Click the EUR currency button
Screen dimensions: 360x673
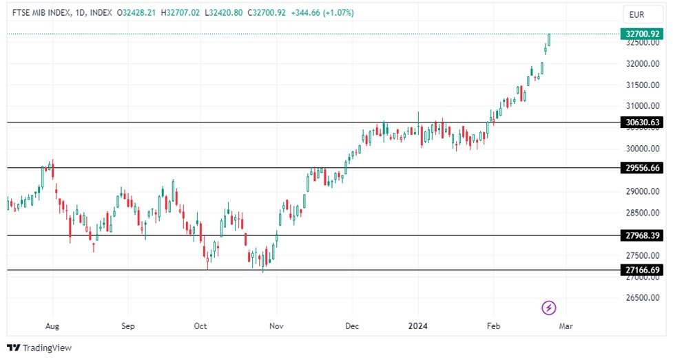[x=636, y=14]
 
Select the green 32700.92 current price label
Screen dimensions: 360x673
[x=641, y=33]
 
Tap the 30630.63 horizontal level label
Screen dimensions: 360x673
[x=641, y=123]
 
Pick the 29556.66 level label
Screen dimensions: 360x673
[x=641, y=168]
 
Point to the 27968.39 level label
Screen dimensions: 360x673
[x=641, y=235]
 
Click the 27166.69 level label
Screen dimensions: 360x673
[x=641, y=270]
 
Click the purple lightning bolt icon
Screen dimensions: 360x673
[x=549, y=308]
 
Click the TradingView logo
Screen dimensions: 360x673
[x=39, y=348]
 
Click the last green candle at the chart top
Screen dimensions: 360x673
[x=549, y=39]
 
